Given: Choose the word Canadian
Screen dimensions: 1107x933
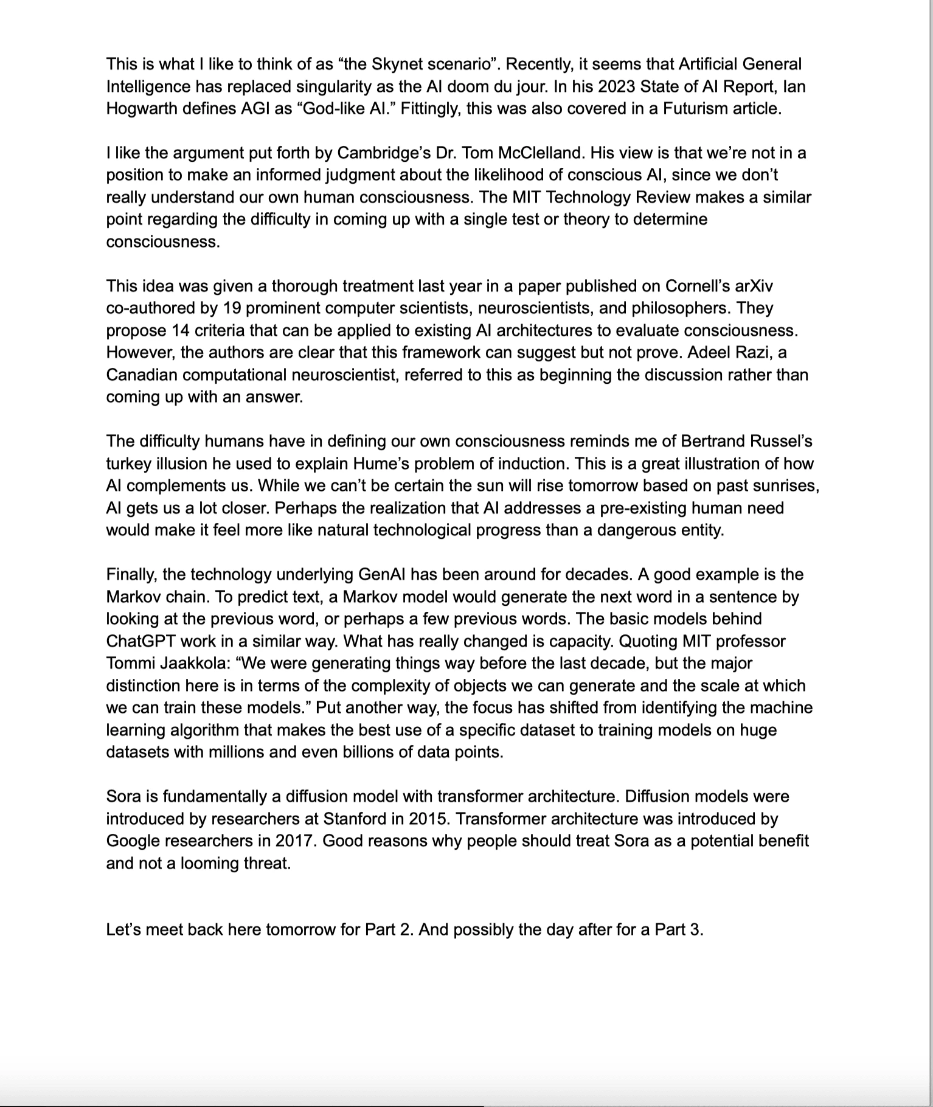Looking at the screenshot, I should coord(141,375).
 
